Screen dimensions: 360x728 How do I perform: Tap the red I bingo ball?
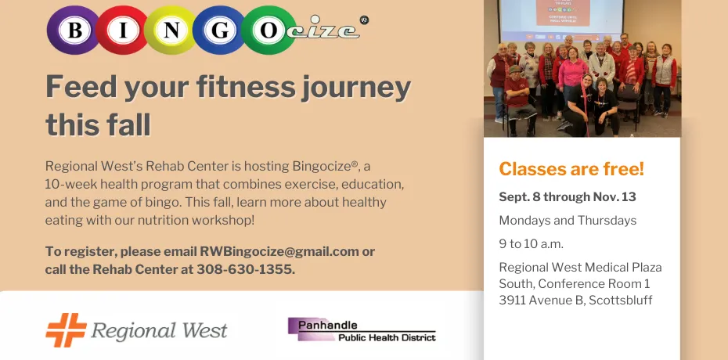123,30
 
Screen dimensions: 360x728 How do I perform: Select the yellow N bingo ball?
171,30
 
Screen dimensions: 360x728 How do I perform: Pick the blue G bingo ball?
220,30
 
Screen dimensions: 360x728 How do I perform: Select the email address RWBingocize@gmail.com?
279,251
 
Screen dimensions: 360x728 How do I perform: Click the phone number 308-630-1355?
247,269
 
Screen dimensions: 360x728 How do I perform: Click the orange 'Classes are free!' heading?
571,168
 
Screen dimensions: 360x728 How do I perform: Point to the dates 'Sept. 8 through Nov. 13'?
567,196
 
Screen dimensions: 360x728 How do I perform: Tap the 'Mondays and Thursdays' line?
568,220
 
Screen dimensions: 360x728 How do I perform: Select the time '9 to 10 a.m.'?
531,243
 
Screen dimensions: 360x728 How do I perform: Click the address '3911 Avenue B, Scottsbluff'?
575,300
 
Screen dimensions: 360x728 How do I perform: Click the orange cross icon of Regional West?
65,329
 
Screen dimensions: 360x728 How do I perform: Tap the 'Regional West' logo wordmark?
160,330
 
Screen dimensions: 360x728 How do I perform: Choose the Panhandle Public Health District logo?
361,329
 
